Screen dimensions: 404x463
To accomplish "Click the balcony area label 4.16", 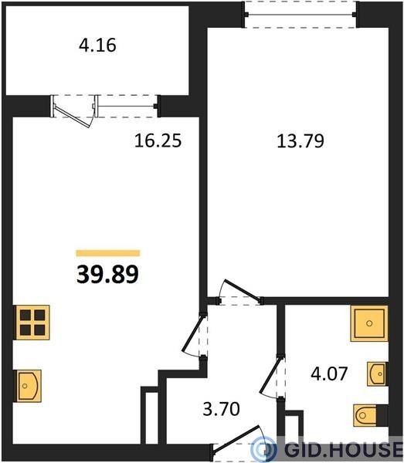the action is point(97,46).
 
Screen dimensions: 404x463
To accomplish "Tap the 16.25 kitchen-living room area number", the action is point(158,140).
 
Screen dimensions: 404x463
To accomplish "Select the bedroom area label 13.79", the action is point(300,140).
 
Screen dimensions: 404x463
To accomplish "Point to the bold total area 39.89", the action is point(107,274).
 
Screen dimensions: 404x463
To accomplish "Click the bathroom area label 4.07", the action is point(329,373).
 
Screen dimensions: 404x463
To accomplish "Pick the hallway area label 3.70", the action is point(221,409).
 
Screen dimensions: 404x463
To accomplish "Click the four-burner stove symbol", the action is point(32,323).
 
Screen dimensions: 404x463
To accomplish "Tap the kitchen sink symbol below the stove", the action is point(28,386).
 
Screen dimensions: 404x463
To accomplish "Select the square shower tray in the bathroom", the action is point(369,323).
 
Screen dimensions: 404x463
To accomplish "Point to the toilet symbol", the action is point(370,415).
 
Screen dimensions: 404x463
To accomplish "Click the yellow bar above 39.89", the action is point(108,253).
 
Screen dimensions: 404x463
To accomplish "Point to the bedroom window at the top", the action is point(300,14).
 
